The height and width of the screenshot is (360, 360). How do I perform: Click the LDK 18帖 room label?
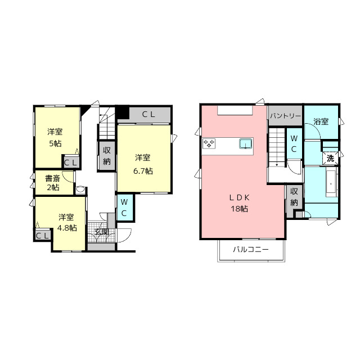pyautogui.click(x=240, y=203)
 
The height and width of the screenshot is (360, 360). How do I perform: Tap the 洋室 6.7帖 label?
pyautogui.click(x=143, y=164)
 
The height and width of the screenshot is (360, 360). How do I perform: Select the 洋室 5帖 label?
pyautogui.click(x=55, y=137)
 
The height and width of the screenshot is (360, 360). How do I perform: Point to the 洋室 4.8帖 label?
pyautogui.click(x=66, y=223)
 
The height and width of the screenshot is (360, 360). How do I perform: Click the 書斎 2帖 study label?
pyautogui.click(x=52, y=183)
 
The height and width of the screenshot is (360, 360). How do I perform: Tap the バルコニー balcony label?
pyautogui.click(x=251, y=249)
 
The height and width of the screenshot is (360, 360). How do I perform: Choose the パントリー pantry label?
pyautogui.click(x=285, y=116)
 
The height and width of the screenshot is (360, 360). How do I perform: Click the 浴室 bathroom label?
pyautogui.click(x=321, y=121)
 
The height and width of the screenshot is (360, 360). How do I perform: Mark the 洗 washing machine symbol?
pyautogui.click(x=330, y=158)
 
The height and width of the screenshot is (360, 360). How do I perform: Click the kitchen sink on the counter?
pyautogui.click(x=246, y=144)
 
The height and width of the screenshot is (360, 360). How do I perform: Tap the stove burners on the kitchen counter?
pyautogui.click(x=209, y=143)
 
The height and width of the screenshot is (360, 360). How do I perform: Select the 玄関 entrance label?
pyautogui.click(x=101, y=232)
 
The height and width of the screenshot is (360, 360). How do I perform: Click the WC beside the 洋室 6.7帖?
pyautogui.click(x=124, y=208)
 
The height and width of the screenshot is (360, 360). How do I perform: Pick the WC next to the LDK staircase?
pyautogui.click(x=294, y=143)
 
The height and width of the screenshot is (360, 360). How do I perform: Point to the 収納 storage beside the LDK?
pyautogui.click(x=294, y=197)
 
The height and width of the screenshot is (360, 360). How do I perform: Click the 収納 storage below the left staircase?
pyautogui.click(x=107, y=156)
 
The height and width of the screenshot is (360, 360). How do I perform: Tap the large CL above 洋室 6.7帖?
pyautogui.click(x=148, y=115)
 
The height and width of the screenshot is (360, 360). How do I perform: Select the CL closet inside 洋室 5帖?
pyautogui.click(x=71, y=163)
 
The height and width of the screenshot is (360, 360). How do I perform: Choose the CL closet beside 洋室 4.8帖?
pyautogui.click(x=43, y=236)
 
